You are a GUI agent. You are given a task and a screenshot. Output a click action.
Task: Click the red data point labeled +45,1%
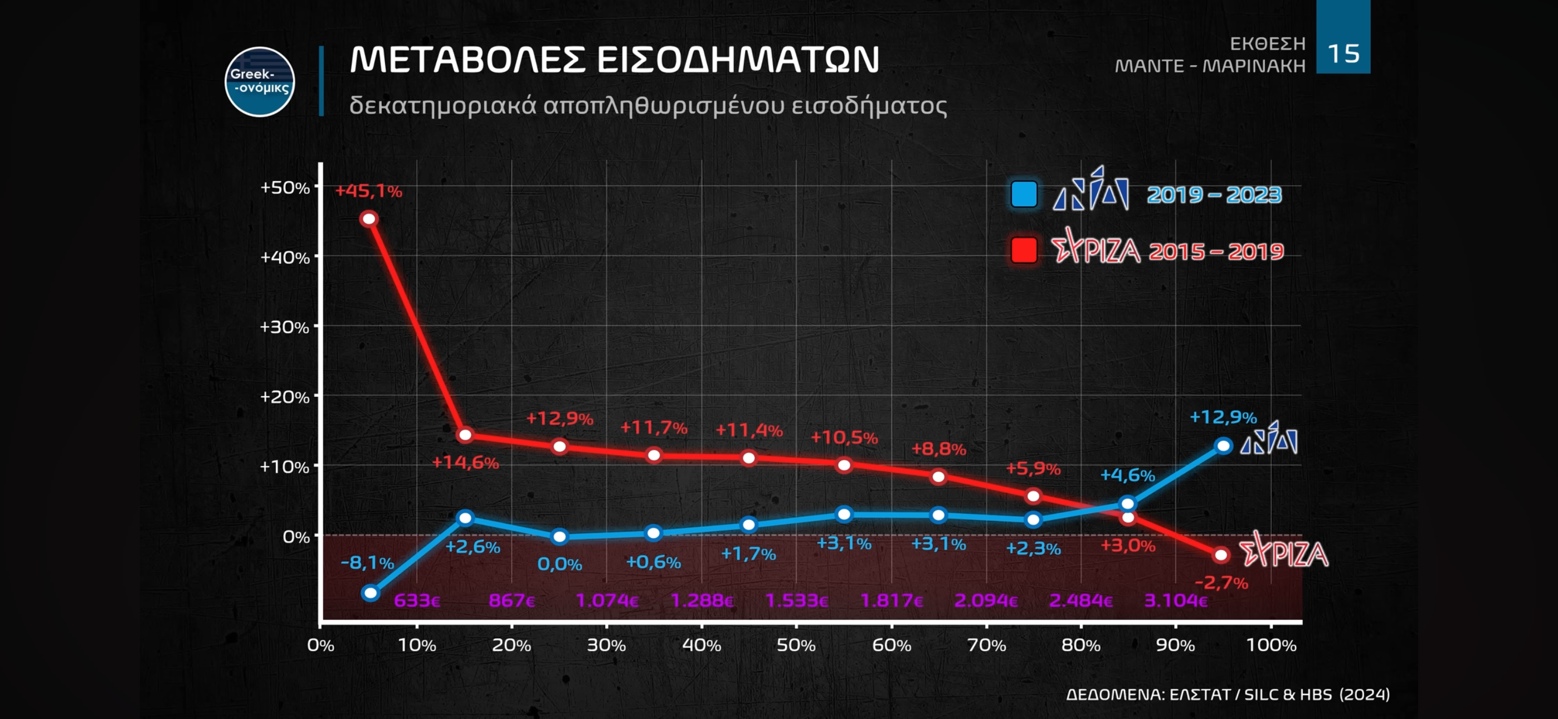pos(369,218)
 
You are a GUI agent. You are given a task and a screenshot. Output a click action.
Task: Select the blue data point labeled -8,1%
pos(371,592)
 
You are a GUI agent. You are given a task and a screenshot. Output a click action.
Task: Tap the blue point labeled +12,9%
pos(1223,446)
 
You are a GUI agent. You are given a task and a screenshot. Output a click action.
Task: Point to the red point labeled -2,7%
pos(1221,555)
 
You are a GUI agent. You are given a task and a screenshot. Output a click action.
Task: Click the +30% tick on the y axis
pos(284,327)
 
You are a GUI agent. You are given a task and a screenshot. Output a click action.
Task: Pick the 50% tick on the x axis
pos(796,645)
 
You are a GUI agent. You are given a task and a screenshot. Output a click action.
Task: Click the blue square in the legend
pos(1024,195)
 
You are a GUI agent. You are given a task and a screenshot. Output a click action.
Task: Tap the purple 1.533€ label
pos(796,600)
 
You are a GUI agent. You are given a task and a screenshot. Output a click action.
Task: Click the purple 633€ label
pos(417,600)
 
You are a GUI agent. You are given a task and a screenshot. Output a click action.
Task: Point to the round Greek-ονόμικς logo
pos(260,82)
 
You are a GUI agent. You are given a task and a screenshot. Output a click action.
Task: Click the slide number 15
pos(1343,54)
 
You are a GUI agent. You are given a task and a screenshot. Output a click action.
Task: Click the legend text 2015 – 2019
pos(1216,251)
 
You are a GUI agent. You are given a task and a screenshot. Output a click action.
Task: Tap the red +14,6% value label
pos(465,463)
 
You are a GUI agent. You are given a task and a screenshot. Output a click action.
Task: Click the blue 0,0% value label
pos(559,564)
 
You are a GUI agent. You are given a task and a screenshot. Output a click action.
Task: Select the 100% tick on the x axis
pos(1270,645)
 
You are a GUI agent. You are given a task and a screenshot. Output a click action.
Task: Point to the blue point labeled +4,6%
pos(1127,503)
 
